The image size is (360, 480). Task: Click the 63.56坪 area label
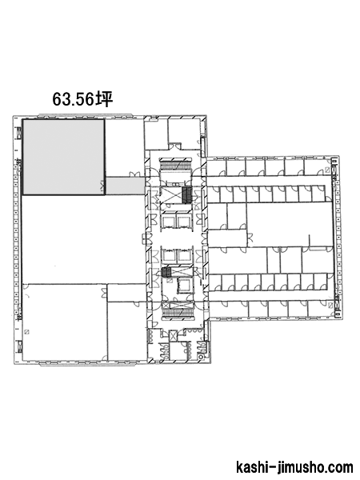[82, 99]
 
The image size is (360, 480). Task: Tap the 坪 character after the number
[104, 99]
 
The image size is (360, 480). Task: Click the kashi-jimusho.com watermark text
[294, 467]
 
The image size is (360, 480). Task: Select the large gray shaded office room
[64, 157]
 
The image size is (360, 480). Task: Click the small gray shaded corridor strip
[126, 186]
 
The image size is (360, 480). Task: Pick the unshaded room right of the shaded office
[125, 147]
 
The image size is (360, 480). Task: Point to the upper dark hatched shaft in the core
[186, 195]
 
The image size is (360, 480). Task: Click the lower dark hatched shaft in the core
[166, 272]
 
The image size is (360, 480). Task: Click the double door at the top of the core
[175, 146]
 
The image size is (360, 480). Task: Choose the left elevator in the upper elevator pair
[169, 222]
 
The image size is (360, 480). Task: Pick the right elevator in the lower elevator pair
[185, 255]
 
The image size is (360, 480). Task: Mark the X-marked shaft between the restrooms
[173, 336]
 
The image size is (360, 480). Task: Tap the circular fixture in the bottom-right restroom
[201, 357]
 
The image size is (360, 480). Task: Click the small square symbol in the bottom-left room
[27, 331]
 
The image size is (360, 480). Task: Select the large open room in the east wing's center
[290, 224]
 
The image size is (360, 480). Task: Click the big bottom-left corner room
[66, 322]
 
